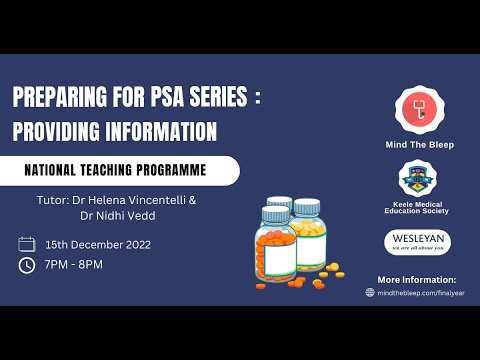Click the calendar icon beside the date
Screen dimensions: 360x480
[27, 244]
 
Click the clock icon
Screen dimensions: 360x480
[27, 265]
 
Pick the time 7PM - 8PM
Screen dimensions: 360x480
[74, 265]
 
